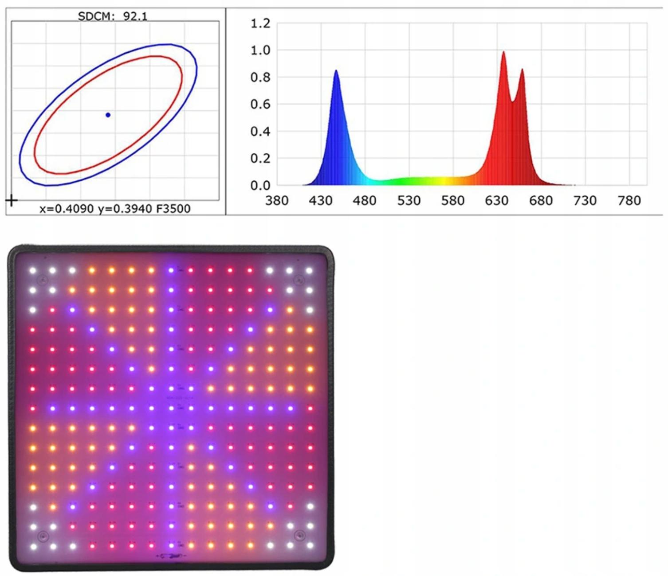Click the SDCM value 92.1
(x=135, y=16)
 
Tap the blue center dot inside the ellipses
(x=108, y=115)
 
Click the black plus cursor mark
(x=11, y=201)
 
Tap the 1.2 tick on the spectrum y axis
(x=260, y=23)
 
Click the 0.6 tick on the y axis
(x=260, y=105)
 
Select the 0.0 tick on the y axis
(x=260, y=186)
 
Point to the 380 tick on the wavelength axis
(x=277, y=201)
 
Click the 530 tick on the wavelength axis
(x=409, y=201)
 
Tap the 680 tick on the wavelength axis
(x=541, y=201)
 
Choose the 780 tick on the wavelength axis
(x=629, y=201)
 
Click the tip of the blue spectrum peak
(x=336, y=71)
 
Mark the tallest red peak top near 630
(x=503, y=52)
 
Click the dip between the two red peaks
(x=513, y=101)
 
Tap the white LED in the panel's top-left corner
(x=33, y=270)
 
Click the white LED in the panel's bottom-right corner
(x=310, y=545)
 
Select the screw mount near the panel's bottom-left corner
(x=43, y=537)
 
